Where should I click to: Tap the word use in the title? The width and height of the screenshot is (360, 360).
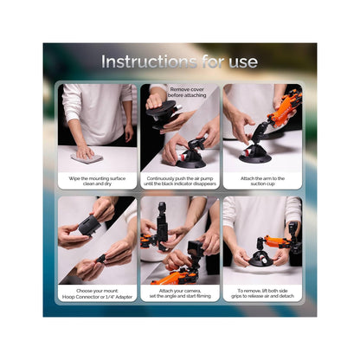[243, 62]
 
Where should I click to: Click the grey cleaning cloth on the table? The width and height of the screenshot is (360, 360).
[87, 157]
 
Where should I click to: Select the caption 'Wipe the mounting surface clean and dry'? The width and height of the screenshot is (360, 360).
[97, 181]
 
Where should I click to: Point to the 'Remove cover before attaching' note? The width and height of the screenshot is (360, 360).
[187, 93]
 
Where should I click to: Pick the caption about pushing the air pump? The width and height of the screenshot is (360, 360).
[180, 181]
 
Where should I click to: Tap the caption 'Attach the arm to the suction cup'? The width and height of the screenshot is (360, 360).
[262, 181]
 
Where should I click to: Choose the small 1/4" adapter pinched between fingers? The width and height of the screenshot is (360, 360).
[101, 259]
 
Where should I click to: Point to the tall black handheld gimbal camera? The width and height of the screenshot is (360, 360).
[162, 225]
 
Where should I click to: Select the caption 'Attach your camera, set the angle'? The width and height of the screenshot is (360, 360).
[180, 293]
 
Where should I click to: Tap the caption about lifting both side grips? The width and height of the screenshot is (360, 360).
[262, 293]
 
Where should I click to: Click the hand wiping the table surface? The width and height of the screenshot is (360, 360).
[85, 152]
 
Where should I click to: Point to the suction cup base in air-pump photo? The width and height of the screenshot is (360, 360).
[190, 163]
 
